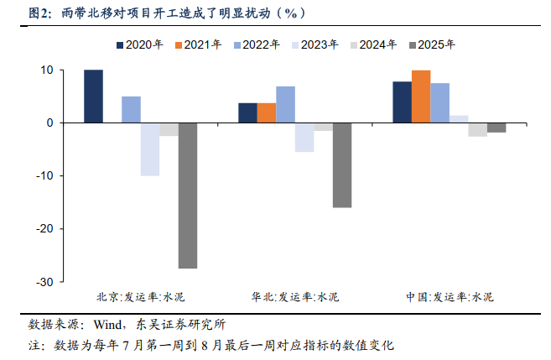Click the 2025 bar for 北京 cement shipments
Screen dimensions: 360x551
click(187, 196)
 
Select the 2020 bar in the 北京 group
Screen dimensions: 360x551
click(93, 97)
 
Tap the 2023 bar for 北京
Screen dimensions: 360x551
click(149, 149)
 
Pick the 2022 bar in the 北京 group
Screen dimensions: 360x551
click(131, 110)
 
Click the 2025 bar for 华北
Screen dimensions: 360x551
click(341, 165)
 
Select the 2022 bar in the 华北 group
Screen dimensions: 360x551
click(285, 105)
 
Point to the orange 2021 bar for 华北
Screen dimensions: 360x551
click(267, 113)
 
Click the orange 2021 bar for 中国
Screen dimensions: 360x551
click(421, 97)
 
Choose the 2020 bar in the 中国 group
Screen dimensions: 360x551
click(402, 102)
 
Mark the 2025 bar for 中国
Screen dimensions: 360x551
click(496, 128)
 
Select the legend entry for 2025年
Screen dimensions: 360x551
click(435, 44)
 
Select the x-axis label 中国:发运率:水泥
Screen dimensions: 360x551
click(450, 297)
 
